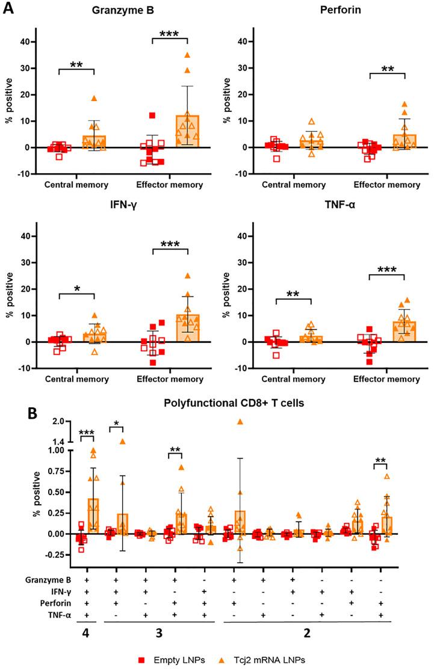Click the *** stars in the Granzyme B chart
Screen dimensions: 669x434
170,33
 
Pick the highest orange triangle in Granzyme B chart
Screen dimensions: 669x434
187,55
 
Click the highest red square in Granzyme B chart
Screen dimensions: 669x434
152,115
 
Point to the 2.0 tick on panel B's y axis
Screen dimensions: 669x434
57,422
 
